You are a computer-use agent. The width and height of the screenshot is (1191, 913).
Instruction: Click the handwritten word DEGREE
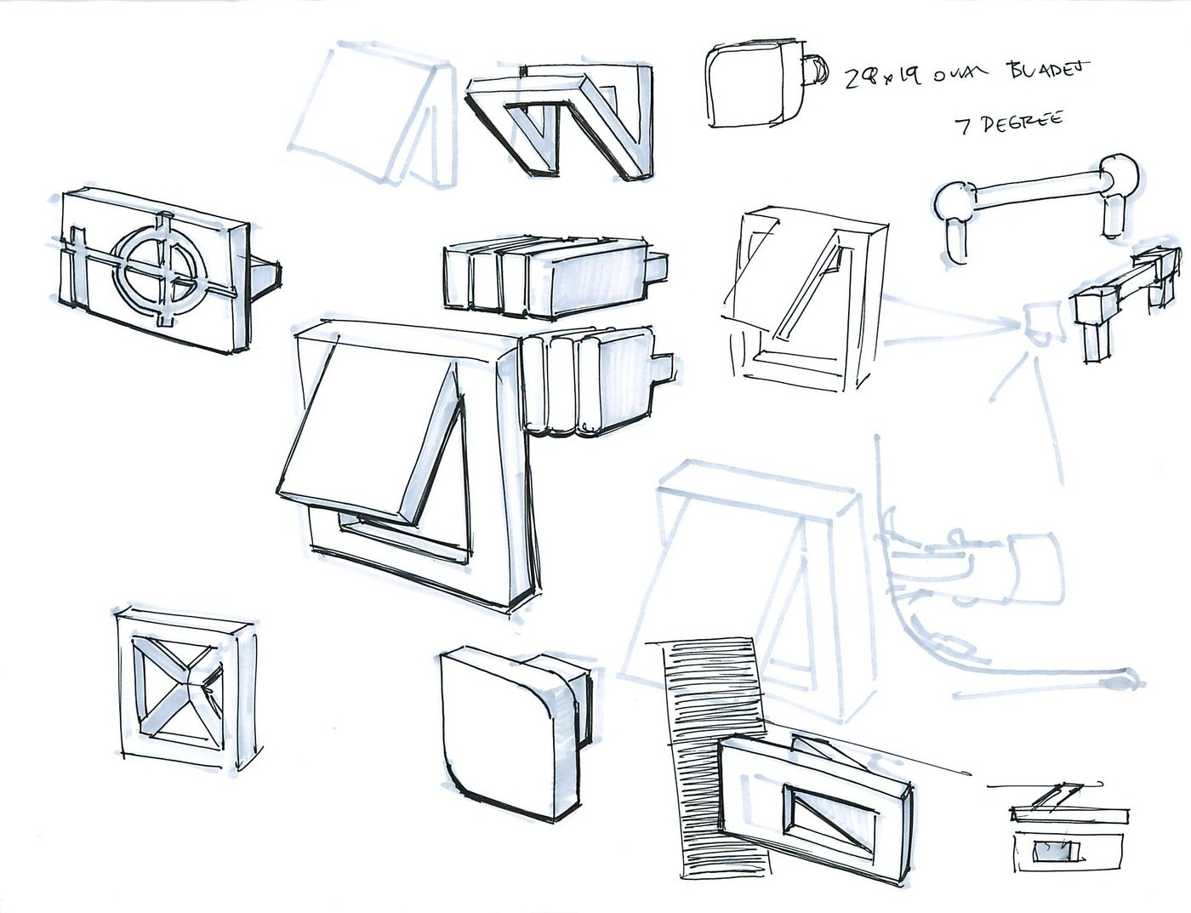(x=1022, y=123)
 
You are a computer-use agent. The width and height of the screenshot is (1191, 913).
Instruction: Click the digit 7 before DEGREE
(x=963, y=126)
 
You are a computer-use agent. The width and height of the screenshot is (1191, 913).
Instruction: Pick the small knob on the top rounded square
(x=814, y=70)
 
